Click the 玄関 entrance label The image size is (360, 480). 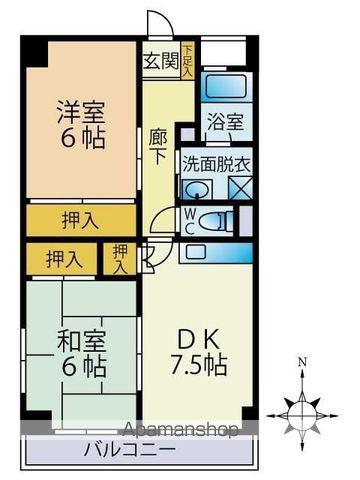point(161,61)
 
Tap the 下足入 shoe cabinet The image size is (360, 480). point(187,61)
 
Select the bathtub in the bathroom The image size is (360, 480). point(226,86)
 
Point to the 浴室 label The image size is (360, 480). point(226,122)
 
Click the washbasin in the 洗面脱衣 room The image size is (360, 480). point(197,190)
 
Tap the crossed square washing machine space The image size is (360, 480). point(240,188)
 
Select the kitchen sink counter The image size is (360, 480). point(216,252)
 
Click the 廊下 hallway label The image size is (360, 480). point(158,148)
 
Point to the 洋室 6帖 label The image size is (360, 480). point(81,124)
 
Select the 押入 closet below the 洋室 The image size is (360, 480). point(81,220)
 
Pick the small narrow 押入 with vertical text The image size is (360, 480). point(120,259)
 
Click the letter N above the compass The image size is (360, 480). point(302,362)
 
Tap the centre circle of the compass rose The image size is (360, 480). point(302,416)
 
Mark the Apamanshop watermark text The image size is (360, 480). point(180,430)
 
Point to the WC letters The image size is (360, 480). point(188,220)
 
